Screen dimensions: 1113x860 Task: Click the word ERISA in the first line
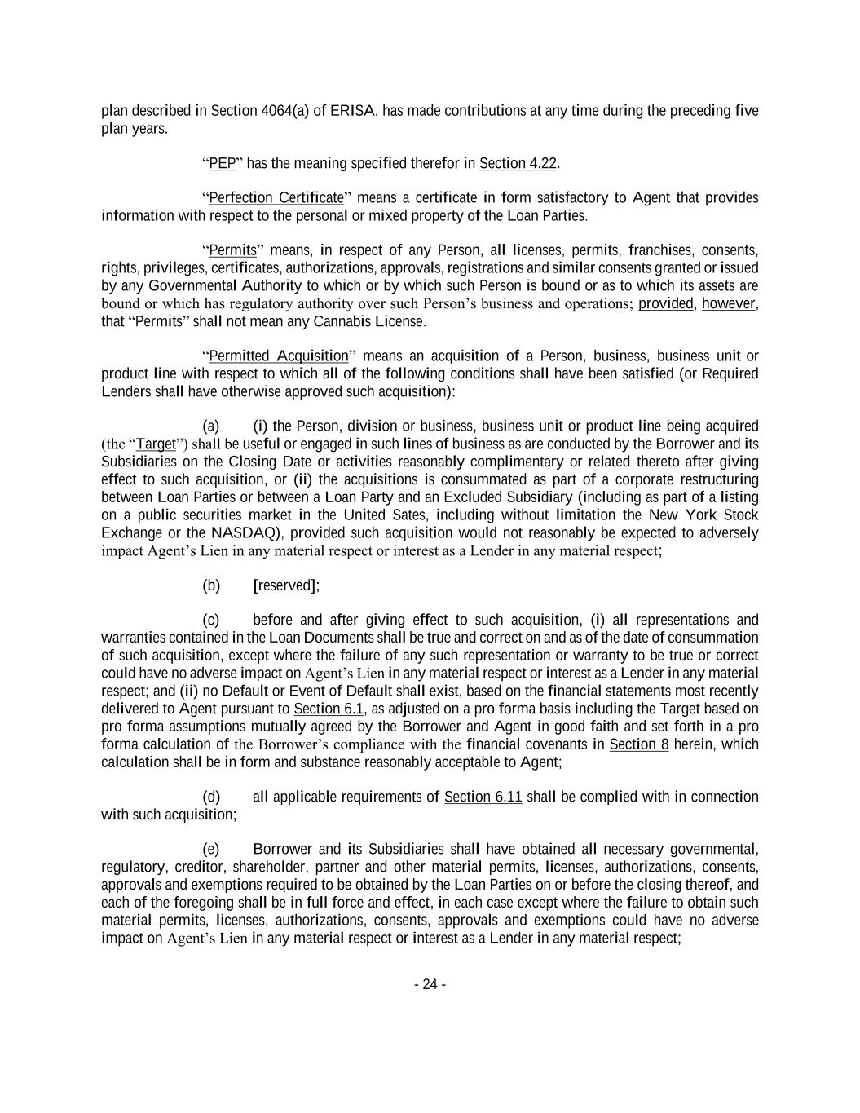(353, 111)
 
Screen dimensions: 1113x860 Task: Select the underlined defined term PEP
(223, 164)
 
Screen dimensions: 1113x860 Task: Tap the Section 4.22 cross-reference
(518, 164)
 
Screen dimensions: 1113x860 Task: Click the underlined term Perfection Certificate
(276, 198)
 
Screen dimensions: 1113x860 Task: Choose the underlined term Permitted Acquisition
(279, 356)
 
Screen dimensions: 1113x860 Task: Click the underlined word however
(729, 303)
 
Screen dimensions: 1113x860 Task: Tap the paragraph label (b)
(211, 585)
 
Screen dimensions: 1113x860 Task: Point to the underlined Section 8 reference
(639, 744)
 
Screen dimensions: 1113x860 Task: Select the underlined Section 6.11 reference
(483, 797)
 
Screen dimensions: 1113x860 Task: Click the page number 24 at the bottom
(430, 984)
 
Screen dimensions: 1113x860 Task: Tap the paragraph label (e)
(211, 850)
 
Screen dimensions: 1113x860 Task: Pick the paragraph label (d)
(211, 797)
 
